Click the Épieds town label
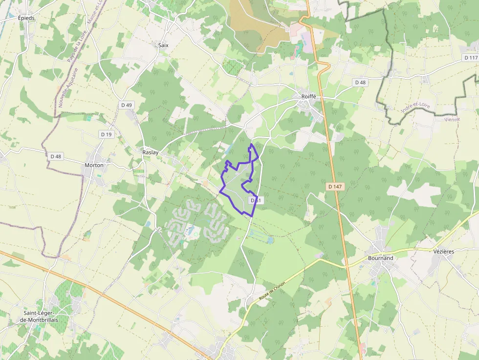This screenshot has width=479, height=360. [26, 18]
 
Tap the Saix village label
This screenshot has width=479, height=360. [163, 45]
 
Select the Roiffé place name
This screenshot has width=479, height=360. [308, 97]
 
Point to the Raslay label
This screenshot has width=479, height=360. [150, 152]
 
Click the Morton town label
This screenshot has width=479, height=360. [94, 165]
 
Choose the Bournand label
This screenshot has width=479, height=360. [380, 257]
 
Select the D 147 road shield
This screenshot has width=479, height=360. [335, 187]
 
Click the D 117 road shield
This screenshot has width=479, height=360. [470, 58]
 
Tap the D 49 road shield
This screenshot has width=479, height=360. [126, 105]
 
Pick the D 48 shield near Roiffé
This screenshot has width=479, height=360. [360, 83]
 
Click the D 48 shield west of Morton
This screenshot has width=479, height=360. [56, 156]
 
